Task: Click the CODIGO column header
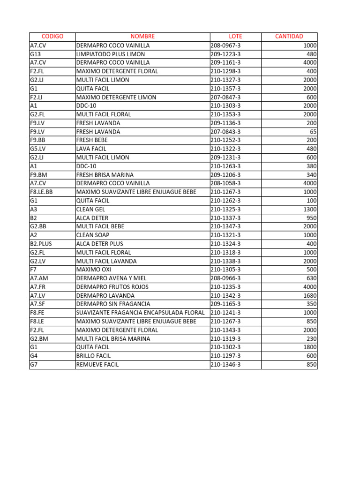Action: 52,37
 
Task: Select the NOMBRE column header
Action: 142,37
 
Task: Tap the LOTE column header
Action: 235,37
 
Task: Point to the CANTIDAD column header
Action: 289,37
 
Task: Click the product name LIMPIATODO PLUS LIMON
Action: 110,54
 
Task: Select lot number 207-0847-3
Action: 225,97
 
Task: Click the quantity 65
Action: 313,132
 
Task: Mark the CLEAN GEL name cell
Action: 90,210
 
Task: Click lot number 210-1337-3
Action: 225,218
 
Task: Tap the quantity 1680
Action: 310,295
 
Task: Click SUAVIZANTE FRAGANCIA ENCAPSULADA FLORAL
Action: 140,313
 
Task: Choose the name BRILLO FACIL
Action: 93,356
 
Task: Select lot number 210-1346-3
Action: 225,364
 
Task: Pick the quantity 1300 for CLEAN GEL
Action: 310,210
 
